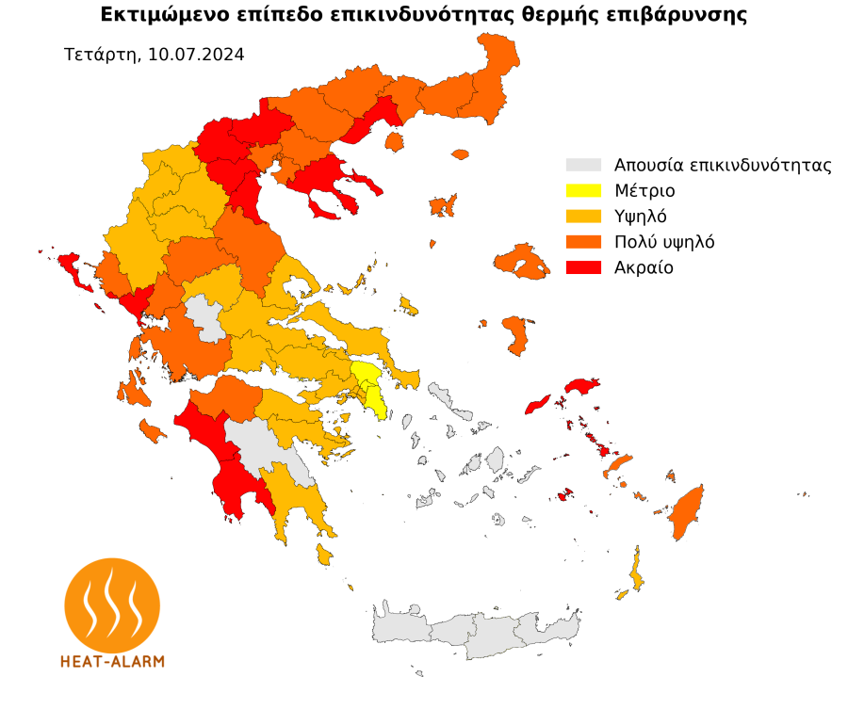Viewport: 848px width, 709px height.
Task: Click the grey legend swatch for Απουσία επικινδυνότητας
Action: click(582, 165)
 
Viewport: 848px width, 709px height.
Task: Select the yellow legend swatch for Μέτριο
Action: click(582, 190)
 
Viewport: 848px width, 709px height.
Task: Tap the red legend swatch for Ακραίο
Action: click(582, 267)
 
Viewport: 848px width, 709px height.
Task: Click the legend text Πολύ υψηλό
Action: click(664, 242)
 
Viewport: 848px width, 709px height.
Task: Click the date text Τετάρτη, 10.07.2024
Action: click(155, 55)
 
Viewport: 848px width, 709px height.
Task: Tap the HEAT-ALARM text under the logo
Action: click(112, 661)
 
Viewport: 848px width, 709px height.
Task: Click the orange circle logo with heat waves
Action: click(112, 603)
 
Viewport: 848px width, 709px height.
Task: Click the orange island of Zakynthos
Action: click(151, 431)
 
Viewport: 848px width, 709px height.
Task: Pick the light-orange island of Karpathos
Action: click(637, 570)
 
